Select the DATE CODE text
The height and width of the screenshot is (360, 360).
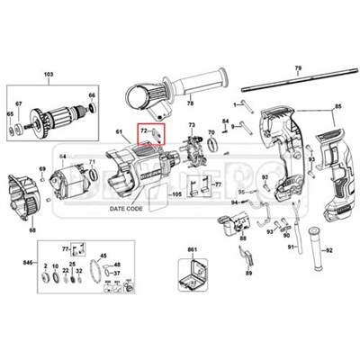[x=126, y=208]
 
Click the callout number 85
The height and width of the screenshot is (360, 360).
[x=339, y=108]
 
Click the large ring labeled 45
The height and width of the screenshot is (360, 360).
[x=111, y=272]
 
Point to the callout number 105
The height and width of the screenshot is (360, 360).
[x=176, y=193]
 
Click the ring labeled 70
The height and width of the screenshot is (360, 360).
[x=211, y=144]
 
